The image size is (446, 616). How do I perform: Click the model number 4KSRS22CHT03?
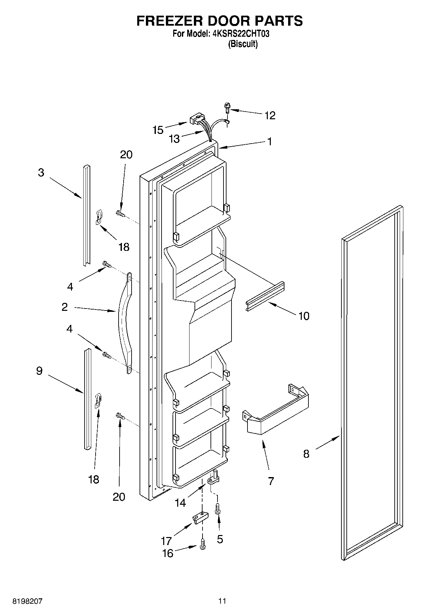[240, 34]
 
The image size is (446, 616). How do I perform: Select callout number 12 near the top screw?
[270, 115]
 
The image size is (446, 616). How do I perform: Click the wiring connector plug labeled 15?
[197, 120]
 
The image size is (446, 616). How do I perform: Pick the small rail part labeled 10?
[265, 295]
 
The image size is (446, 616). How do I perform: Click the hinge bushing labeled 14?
[214, 477]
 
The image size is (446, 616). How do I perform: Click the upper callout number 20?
[126, 155]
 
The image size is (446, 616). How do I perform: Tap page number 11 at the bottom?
[222, 601]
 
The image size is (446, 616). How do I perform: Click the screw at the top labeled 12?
[227, 108]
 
